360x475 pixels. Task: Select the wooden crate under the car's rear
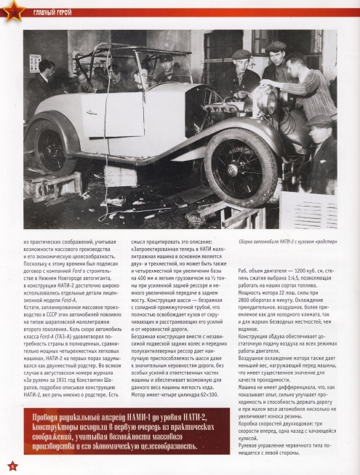(x=53, y=188)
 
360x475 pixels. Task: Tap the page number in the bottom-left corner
(x=11, y=464)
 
